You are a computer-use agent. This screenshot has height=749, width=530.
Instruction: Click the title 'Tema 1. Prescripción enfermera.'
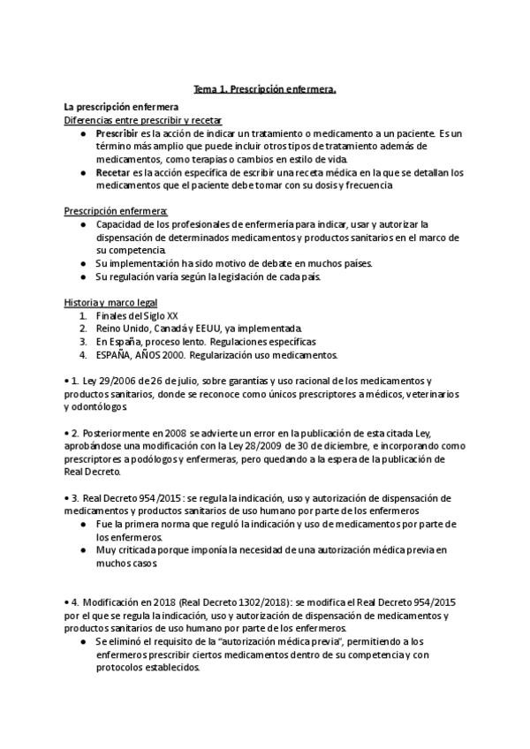[264, 89]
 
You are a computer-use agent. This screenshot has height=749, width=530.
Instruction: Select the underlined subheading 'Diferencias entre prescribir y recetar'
[143, 119]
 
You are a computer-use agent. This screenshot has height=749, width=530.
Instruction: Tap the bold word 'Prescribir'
[117, 132]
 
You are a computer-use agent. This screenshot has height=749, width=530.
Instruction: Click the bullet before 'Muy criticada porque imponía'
[82, 550]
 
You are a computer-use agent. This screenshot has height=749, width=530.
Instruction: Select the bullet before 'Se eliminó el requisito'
[82, 640]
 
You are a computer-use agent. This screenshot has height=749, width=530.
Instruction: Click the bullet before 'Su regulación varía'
[82, 276]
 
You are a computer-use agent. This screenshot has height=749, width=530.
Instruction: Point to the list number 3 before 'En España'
[81, 342]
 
